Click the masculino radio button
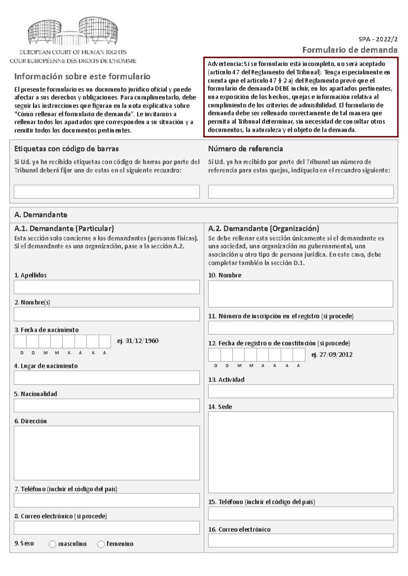52,544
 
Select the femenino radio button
101,544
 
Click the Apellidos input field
106,287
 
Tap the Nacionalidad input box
106,406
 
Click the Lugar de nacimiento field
106,378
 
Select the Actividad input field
301,391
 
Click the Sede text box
301,452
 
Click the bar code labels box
106,192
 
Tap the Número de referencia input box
301,192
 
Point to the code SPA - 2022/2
378,39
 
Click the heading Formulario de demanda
350,50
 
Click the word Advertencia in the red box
225,64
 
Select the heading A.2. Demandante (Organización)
263,229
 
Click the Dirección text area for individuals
106,453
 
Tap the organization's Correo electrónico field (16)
301,540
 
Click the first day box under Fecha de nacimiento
20,341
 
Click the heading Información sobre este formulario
82,76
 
